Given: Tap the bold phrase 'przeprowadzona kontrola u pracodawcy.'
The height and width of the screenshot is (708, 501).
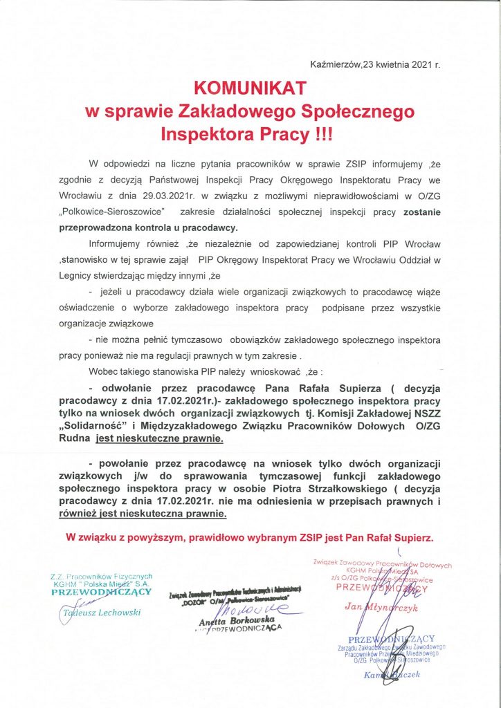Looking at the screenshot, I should click(132, 227).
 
